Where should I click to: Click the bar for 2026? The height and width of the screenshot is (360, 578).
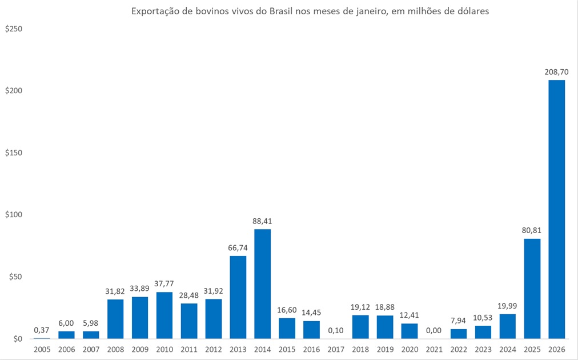(557, 209)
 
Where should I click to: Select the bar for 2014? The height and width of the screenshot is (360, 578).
(263, 283)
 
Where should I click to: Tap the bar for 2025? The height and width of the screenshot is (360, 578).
(532, 288)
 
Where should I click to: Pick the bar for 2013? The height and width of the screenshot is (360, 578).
(238, 297)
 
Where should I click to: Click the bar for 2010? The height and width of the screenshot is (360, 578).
(164, 315)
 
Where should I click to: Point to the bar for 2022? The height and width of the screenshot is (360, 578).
(459, 333)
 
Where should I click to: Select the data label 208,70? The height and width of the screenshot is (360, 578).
(557, 73)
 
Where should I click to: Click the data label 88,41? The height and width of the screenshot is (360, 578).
(263, 222)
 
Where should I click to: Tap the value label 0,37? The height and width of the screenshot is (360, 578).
(42, 330)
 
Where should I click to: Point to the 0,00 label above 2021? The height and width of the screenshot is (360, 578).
(434, 331)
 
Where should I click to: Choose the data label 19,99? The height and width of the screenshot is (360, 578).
(508, 306)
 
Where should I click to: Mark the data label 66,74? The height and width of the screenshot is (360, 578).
(238, 249)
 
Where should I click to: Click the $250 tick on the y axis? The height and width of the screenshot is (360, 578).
(13, 29)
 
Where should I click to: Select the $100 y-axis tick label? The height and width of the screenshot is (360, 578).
(13, 215)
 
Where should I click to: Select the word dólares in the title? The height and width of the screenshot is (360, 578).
(472, 11)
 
